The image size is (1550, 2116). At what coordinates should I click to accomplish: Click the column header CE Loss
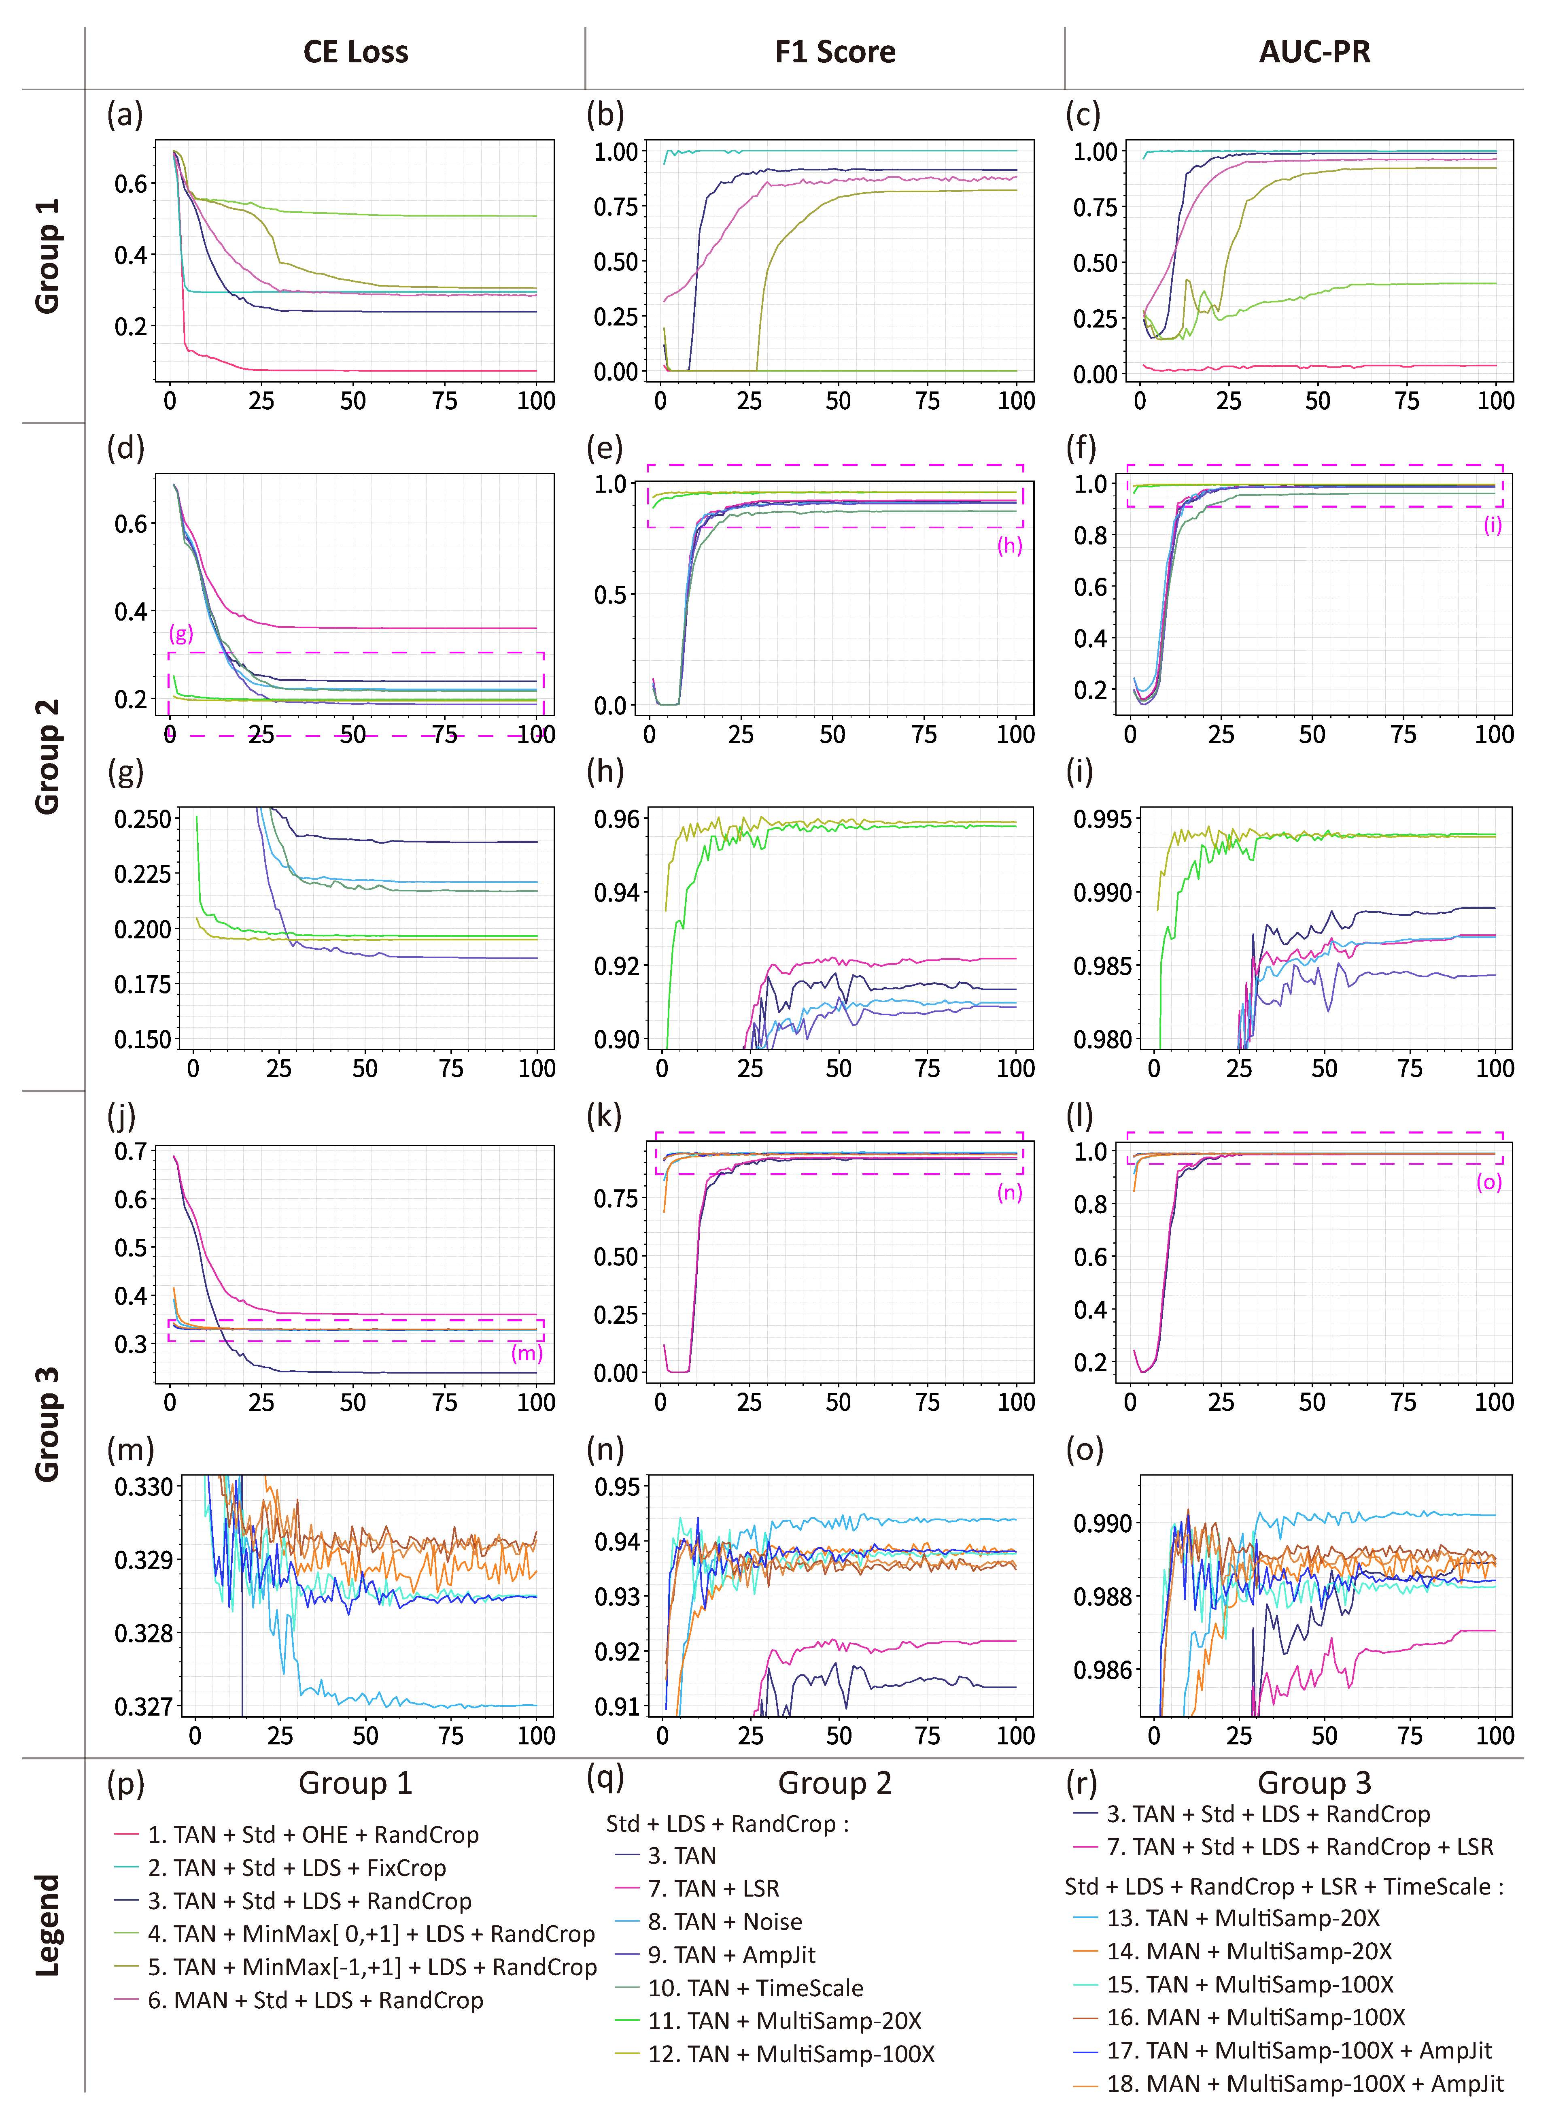(x=356, y=51)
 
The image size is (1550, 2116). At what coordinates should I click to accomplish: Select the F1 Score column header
(x=835, y=51)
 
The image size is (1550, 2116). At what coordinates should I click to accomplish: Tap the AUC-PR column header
(x=1314, y=51)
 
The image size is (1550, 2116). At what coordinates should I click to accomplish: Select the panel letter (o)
(x=1085, y=1450)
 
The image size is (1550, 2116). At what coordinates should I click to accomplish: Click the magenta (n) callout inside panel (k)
(x=1010, y=1193)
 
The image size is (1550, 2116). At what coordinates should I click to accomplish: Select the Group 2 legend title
(x=835, y=1783)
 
